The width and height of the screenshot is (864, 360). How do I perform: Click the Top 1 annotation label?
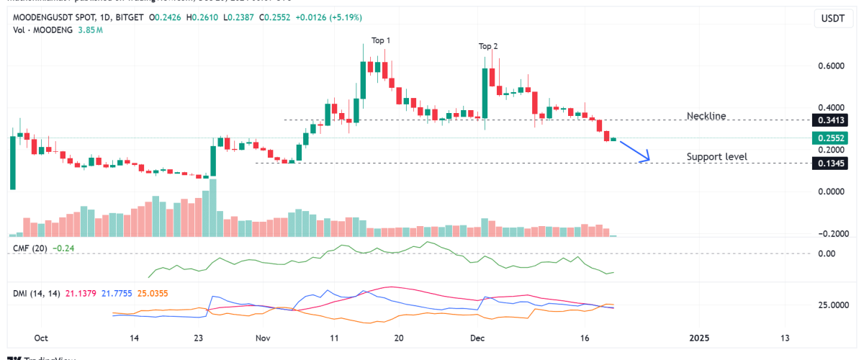pyautogui.click(x=382, y=40)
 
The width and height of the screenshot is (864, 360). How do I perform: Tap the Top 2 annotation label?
pyautogui.click(x=488, y=47)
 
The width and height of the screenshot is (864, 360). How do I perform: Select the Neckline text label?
pyautogui.click(x=706, y=116)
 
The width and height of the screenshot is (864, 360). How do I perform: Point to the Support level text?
pyautogui.click(x=716, y=156)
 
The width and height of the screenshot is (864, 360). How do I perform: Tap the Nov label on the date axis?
pyautogui.click(x=263, y=338)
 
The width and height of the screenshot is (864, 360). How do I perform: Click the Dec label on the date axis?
pyautogui.click(x=477, y=338)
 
